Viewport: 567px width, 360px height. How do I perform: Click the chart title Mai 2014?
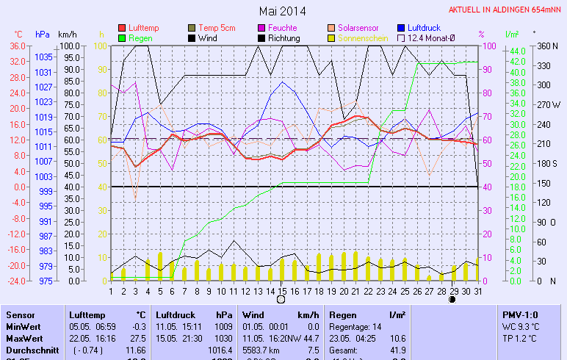tap(282, 11)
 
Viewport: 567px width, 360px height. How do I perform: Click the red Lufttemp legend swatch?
tap(122, 28)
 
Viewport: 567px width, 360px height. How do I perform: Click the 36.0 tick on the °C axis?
tap(18, 46)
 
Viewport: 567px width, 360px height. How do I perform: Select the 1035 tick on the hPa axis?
tap(43, 57)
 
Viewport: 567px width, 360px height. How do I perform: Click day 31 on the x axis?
tap(477, 290)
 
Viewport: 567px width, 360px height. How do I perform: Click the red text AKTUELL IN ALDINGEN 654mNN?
tap(506, 10)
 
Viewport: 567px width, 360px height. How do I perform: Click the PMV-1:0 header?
tap(521, 314)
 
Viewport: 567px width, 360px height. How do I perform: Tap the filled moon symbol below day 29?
tap(452, 299)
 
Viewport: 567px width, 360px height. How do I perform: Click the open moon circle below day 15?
tap(281, 299)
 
